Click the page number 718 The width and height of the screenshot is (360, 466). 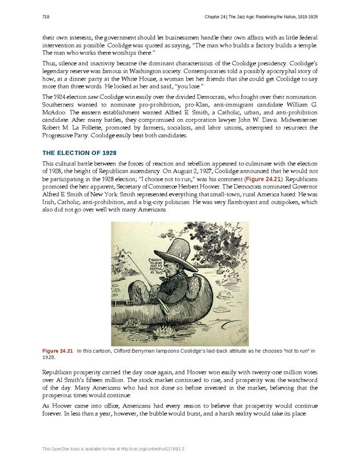point(46,17)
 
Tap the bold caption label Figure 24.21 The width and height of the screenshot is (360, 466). point(58,351)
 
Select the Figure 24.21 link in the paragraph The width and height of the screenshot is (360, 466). point(262,179)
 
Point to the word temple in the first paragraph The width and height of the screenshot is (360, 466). point(303,45)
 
